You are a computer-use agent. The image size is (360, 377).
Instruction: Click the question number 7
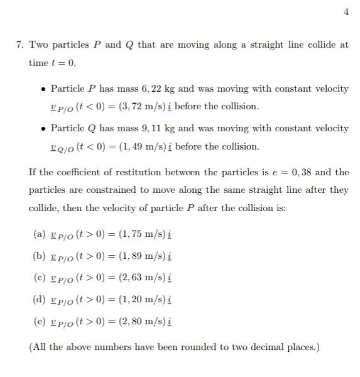click(x=20, y=45)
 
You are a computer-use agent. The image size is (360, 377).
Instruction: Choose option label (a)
click(x=38, y=234)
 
